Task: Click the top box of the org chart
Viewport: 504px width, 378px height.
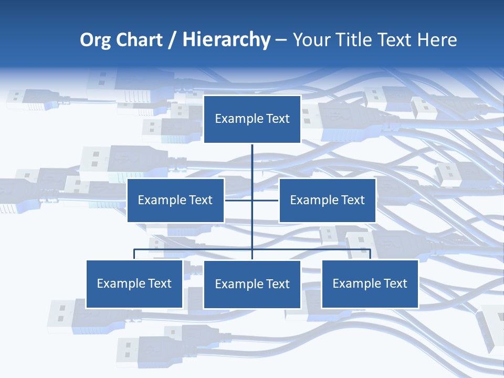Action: (252, 119)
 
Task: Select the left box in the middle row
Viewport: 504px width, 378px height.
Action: (175, 200)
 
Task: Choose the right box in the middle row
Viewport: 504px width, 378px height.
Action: (327, 200)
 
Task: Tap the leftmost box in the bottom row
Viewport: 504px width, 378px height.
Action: (134, 283)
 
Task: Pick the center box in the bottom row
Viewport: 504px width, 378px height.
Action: (252, 284)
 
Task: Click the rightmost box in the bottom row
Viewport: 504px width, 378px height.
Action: (370, 283)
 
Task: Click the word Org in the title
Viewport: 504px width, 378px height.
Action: (95, 40)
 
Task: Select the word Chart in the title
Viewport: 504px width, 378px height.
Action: (139, 40)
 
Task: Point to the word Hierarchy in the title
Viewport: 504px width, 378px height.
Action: (226, 40)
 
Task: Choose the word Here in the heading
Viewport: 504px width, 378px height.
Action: (437, 40)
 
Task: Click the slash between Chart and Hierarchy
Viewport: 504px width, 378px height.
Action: (173, 40)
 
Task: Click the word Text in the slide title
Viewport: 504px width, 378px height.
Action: (395, 40)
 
